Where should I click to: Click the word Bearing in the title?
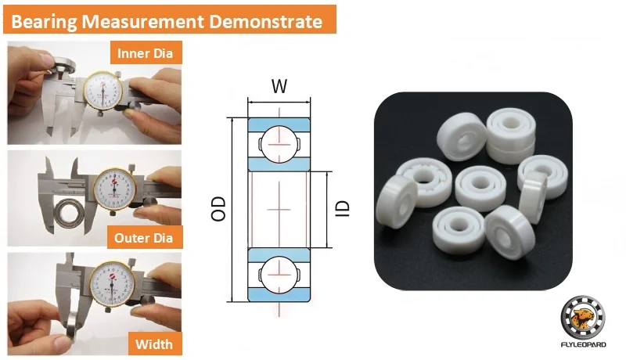pos(44,22)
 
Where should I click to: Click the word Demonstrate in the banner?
pos(265,21)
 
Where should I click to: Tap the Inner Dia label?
pos(146,52)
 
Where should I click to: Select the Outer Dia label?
pos(144,238)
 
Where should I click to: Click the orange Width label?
pos(154,344)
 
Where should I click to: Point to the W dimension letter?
pos(279,86)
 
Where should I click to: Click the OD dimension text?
pos(218,208)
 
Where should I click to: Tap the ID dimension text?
pos(342,208)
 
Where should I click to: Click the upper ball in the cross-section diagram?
pos(279,144)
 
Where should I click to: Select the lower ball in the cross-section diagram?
pos(279,275)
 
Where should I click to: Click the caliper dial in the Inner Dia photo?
pos(103,91)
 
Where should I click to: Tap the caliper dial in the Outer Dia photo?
pos(114,189)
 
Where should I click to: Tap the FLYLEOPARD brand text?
pos(583,344)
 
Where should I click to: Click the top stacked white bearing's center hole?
pos(510,124)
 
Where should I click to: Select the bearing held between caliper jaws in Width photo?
pos(72,327)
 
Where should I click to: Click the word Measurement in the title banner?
pos(143,21)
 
